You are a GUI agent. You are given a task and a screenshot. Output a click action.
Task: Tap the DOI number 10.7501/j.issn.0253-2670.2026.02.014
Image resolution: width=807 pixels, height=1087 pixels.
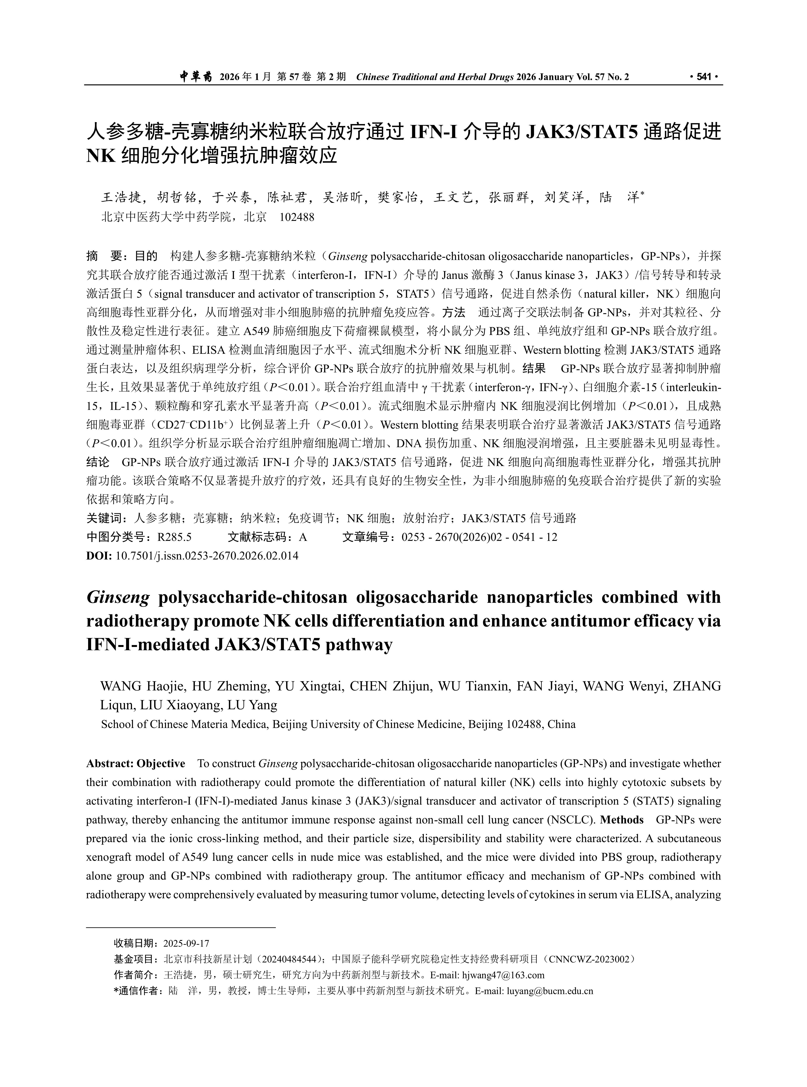click(207, 556)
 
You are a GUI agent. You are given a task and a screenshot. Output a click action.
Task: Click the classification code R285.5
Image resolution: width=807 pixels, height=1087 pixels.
click(174, 537)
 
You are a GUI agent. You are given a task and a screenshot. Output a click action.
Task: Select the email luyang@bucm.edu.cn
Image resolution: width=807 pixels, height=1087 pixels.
click(550, 991)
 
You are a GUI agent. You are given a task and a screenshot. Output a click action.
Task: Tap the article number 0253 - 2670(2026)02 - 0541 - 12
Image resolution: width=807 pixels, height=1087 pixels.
click(479, 537)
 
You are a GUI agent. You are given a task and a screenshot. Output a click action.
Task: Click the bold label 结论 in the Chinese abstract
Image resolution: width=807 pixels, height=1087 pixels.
click(97, 462)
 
